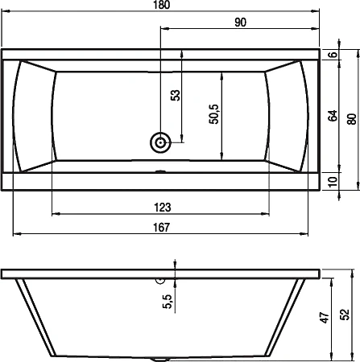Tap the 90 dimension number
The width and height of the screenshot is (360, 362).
point(240,23)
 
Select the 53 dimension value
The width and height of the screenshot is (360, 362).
point(176,96)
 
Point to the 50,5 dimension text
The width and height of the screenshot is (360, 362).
point(214,114)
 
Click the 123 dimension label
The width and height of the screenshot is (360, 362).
point(163,208)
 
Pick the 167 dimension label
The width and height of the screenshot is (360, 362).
point(162,228)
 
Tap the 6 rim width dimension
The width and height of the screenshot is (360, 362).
point(333,55)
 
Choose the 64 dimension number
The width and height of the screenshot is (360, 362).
point(333,116)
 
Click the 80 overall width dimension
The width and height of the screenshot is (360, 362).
point(352,119)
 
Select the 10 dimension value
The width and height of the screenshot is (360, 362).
point(333,182)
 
